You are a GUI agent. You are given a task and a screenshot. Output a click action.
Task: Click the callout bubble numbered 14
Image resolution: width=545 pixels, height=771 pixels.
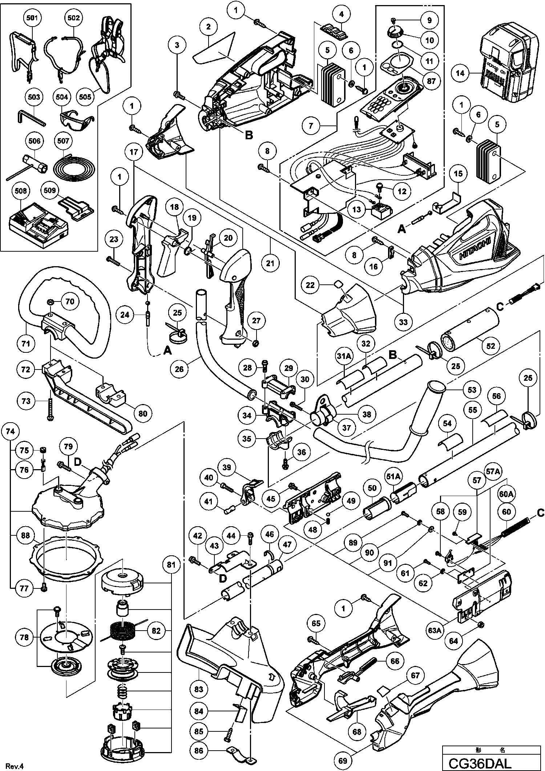[x=460, y=73]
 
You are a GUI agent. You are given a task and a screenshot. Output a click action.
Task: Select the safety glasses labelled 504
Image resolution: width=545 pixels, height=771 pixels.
[x=74, y=117]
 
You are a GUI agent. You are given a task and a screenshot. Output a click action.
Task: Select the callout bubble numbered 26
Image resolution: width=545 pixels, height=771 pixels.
[x=179, y=369]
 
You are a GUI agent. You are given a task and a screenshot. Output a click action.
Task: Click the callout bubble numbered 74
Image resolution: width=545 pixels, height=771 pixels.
[x=10, y=431]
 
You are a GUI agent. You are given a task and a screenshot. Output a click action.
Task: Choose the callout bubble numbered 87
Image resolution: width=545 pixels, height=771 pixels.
[x=431, y=81]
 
